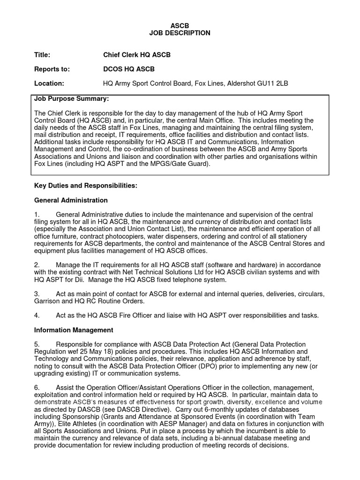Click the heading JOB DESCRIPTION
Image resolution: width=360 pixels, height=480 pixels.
pyautogui.click(x=180, y=33)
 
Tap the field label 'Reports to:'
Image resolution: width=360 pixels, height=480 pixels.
pyautogui.click(x=52, y=69)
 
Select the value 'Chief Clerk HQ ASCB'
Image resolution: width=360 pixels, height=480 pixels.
pyautogui.click(x=137, y=55)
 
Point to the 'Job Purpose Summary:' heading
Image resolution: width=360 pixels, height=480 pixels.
pyautogui.click(x=72, y=99)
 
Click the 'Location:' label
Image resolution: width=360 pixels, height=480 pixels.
pyautogui.click(x=49, y=84)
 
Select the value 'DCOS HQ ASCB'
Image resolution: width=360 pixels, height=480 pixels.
pyautogui.click(x=128, y=69)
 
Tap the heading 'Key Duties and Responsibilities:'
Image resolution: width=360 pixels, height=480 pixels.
pyautogui.click(x=86, y=186)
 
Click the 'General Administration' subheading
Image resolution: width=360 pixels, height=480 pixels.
pyautogui.click(x=71, y=200)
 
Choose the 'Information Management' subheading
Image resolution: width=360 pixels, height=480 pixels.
pyautogui.click(x=74, y=330)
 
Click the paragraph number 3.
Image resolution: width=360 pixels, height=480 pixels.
pyautogui.click(x=37, y=294)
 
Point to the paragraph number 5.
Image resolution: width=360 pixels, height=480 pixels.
pyautogui.click(x=37, y=344)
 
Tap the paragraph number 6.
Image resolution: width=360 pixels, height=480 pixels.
pyautogui.click(x=37, y=388)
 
